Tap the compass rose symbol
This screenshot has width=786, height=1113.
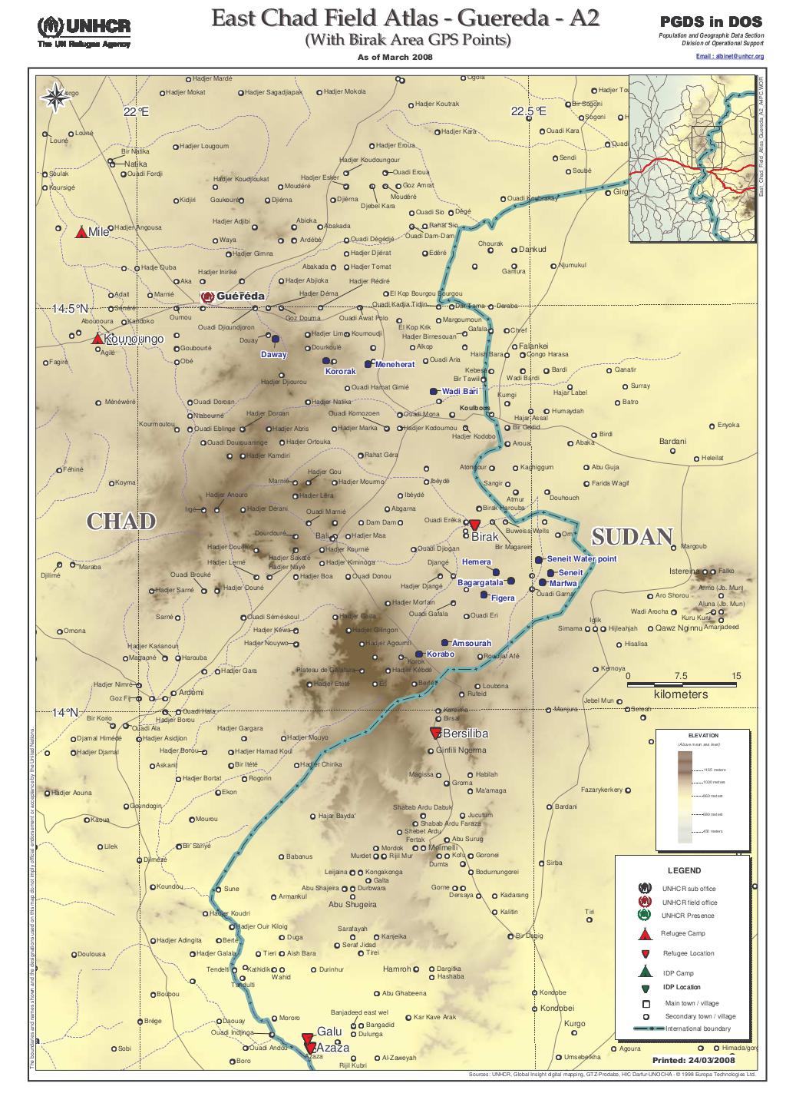55,97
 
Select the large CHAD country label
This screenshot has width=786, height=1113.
121,522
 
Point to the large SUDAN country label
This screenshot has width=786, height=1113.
632,537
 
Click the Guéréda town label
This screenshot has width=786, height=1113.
240,296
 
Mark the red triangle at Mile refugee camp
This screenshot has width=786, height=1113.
81,232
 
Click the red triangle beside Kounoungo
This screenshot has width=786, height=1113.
97,339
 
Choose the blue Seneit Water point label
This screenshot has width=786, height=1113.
581,559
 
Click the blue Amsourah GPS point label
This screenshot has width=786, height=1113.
471,642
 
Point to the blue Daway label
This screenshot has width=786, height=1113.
273,355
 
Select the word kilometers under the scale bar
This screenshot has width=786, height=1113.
681,694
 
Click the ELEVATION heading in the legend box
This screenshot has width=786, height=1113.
703,736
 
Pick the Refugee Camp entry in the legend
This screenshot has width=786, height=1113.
683,933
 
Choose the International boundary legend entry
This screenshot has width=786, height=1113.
698,1029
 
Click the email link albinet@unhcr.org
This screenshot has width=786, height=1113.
729,57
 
